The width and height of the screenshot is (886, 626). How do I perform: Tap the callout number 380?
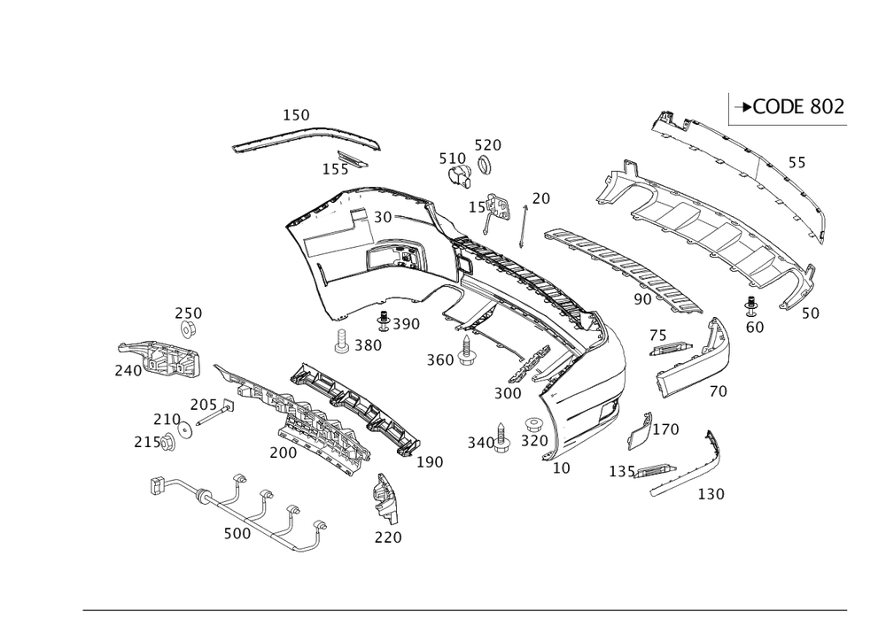[369, 345]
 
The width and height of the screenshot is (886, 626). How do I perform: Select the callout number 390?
[405, 324]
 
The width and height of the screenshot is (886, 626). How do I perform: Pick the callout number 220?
[387, 537]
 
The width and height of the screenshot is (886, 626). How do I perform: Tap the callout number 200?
[283, 452]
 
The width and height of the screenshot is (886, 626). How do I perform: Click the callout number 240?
[128, 371]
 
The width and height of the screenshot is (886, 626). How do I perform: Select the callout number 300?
[508, 393]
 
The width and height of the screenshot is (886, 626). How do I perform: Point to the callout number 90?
[642, 299]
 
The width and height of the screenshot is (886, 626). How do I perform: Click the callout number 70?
[719, 390]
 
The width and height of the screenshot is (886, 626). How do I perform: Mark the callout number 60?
[755, 327]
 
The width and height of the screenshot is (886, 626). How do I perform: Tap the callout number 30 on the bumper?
[383, 217]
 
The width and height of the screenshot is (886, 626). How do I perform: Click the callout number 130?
[711, 494]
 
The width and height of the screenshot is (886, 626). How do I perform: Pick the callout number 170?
[667, 430]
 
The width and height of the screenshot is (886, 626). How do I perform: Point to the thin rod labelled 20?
[524, 227]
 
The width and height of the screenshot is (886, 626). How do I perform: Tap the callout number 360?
[439, 359]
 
